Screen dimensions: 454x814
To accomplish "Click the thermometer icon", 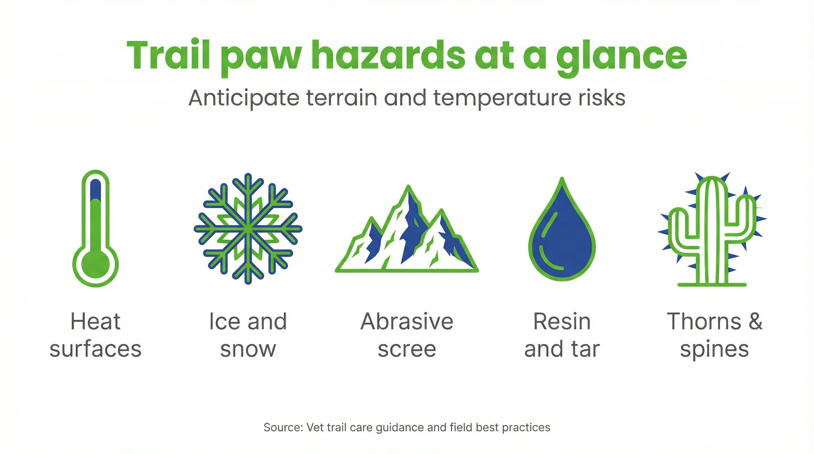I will click(x=96, y=228).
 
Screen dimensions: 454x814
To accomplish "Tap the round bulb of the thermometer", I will click(x=96, y=265).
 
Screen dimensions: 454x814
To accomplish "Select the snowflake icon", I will click(x=248, y=228).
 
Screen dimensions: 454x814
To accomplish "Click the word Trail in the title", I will click(x=168, y=55).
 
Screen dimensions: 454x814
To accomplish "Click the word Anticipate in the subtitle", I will click(x=244, y=98).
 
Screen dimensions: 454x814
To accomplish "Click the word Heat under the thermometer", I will click(x=96, y=321).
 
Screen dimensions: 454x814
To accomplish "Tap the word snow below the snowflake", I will click(x=248, y=349).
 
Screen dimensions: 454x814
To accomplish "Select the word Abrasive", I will click(x=407, y=321).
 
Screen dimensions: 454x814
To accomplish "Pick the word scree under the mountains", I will click(x=407, y=349).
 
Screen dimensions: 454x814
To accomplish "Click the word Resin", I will click(x=562, y=321).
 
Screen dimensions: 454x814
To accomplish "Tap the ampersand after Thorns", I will click(x=755, y=321).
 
